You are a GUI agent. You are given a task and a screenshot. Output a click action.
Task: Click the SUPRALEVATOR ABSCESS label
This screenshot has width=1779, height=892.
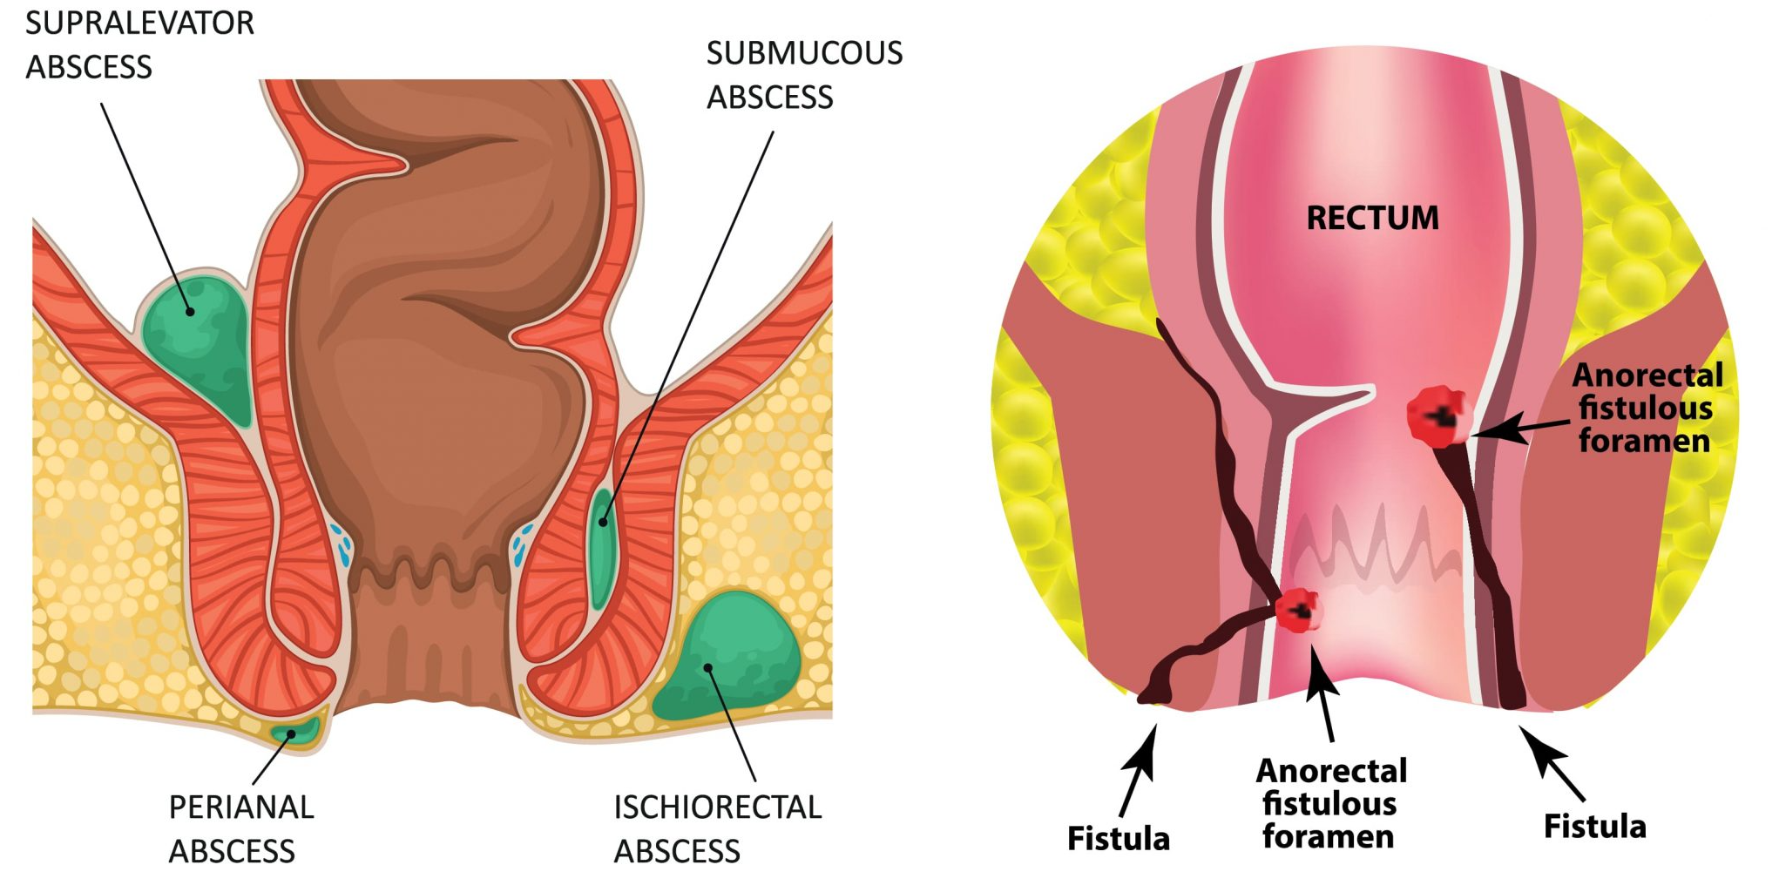pos(139,44)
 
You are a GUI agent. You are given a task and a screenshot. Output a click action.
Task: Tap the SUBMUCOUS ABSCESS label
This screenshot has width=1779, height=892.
pos(804,75)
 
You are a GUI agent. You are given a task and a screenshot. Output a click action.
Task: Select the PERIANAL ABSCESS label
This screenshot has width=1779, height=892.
pos(240,828)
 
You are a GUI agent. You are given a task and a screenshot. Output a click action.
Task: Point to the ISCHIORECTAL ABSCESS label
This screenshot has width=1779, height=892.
pos(717,828)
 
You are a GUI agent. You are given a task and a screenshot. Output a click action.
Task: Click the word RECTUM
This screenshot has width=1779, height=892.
pos(1373,218)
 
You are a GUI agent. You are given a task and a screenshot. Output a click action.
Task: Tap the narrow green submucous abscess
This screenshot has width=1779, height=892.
pos(601,548)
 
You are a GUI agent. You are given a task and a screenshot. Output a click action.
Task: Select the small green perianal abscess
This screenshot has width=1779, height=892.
pos(296,731)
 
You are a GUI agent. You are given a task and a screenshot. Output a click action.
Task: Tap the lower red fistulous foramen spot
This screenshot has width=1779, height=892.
pos(1298,610)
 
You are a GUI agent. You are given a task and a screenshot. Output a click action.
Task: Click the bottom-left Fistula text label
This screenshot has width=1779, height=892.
pos(1119,838)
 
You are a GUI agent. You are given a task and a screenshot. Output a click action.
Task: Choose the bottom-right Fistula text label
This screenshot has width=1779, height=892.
pos(1594,826)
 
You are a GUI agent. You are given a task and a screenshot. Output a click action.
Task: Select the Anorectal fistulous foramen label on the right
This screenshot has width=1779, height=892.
pos(1647,408)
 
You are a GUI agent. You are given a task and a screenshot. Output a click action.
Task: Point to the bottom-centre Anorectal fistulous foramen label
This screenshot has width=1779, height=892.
pos(1330,803)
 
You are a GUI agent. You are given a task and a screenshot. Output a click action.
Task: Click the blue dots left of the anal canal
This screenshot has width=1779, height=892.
pos(342,544)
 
